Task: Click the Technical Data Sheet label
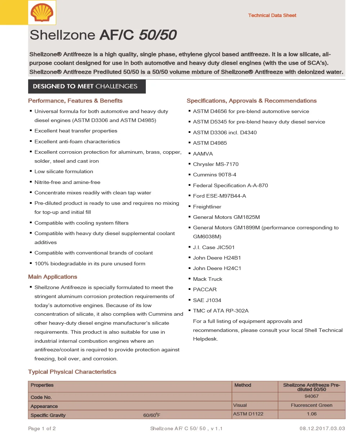point(272,15)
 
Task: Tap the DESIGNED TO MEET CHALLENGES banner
point(87,86)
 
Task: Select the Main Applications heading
point(53,277)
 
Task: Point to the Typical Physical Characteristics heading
point(72,372)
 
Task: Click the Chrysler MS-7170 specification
point(216,164)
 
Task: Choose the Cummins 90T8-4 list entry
point(215,175)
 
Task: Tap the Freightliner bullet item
point(207,207)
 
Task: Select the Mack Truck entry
point(207,279)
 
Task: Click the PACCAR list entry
point(205,289)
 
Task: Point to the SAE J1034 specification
point(207,300)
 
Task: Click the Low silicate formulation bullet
point(64,172)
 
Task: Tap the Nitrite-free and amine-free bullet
point(67,182)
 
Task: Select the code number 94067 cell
point(311,396)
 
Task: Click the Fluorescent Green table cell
point(311,405)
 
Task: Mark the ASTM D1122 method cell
point(248,414)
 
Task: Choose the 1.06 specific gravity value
point(311,414)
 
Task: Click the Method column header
point(243,385)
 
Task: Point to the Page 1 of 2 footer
point(42,428)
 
